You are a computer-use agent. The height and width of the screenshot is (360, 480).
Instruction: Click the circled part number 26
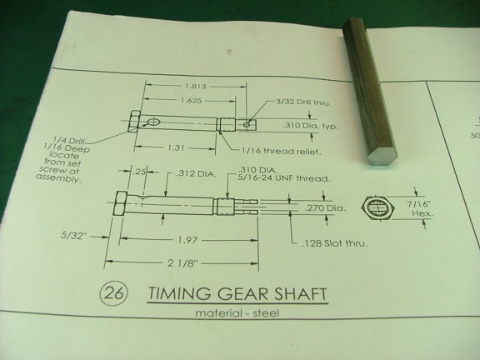coord(114,293)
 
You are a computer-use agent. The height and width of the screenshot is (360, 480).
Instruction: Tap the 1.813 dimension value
coord(196,86)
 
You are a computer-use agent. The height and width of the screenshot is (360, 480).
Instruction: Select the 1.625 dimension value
coord(191,100)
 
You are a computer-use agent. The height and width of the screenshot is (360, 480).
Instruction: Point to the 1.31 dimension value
coord(176,147)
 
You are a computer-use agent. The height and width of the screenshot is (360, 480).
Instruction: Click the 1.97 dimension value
coord(187,240)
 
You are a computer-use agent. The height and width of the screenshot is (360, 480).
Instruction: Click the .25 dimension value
coord(139,172)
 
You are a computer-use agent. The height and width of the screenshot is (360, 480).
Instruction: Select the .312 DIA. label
coord(196,174)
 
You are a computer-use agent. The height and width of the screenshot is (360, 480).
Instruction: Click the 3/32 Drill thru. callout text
coord(303,102)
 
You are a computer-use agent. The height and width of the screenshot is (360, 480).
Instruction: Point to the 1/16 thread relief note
coord(282,151)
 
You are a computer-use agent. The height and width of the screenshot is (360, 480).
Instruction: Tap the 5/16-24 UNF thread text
coord(284,178)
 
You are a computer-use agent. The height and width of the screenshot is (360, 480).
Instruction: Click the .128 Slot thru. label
coord(335,243)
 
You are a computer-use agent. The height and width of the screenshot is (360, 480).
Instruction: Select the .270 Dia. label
coord(325,208)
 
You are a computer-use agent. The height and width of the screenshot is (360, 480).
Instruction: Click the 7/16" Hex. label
coord(420,208)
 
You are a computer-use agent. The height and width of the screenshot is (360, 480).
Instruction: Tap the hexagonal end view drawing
coord(378,208)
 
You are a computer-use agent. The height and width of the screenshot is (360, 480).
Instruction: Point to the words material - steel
coord(237,313)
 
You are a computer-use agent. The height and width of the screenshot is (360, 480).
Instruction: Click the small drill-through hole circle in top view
coord(246,125)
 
